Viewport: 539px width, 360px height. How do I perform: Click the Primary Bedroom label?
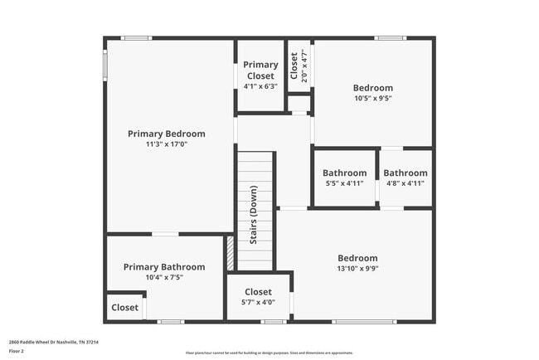point(166,134)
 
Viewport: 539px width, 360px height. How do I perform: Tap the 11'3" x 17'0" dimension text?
point(166,144)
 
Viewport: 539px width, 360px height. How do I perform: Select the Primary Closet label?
point(260,71)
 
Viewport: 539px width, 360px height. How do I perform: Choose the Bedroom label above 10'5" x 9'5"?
point(373,88)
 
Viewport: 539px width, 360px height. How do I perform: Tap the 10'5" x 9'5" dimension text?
point(373,98)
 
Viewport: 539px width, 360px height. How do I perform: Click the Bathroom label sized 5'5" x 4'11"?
point(344,173)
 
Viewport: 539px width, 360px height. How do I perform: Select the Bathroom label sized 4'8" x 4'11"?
point(405,173)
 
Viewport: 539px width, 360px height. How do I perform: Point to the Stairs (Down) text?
point(254,214)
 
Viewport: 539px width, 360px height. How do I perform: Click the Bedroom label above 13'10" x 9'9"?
point(357,258)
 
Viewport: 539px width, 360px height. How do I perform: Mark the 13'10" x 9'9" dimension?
point(357,269)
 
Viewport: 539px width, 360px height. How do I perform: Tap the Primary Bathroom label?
point(164,267)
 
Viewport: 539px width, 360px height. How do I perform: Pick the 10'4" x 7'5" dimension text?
point(164,278)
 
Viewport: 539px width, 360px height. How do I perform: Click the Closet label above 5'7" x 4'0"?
point(258,292)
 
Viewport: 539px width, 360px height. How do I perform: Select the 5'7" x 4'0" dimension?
point(258,303)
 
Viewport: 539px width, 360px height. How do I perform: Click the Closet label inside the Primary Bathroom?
point(125,308)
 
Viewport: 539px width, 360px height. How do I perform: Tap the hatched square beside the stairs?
point(230,252)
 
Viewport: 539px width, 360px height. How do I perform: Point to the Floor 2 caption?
point(17,351)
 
